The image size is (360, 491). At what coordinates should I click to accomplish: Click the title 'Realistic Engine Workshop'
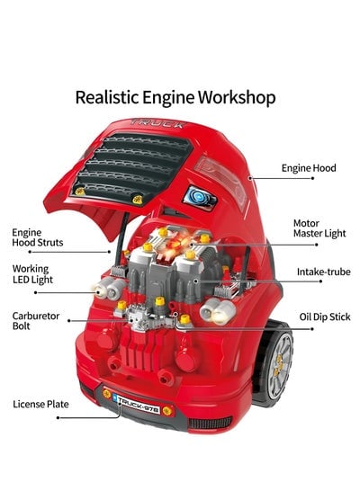(175, 97)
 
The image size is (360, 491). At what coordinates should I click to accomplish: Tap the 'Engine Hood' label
(309, 168)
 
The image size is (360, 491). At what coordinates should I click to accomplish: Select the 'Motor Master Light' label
(319, 228)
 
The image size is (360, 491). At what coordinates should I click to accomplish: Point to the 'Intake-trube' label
(324, 272)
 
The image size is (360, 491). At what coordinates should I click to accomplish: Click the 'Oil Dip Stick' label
(325, 317)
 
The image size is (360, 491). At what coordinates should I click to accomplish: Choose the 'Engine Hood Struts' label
(37, 237)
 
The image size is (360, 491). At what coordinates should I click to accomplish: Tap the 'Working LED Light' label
(32, 274)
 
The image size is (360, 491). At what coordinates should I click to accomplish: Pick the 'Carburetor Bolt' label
(36, 321)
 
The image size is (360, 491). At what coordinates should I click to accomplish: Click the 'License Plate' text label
(40, 405)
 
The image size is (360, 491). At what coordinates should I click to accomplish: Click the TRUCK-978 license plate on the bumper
(137, 405)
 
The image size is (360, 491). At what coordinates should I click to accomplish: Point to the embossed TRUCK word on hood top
(157, 123)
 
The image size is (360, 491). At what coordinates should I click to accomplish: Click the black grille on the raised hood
(131, 167)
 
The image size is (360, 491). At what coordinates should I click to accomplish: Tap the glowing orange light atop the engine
(176, 243)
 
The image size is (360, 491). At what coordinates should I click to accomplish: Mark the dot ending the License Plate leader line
(58, 418)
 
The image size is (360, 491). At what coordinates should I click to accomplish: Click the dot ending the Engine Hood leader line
(312, 178)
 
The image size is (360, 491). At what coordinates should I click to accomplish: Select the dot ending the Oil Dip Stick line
(311, 329)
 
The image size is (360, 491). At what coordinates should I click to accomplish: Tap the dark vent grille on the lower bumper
(210, 423)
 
